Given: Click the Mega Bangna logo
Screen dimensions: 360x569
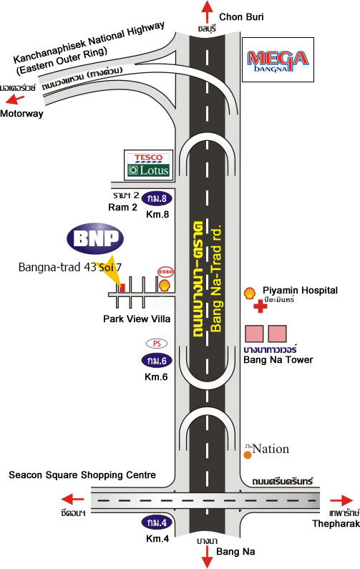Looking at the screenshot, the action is (x=278, y=59).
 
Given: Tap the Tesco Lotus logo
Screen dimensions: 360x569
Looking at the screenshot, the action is (x=149, y=165).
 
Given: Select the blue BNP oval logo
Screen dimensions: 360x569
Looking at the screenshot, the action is (x=95, y=238).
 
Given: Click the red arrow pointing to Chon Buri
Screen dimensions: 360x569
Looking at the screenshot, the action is (x=208, y=12).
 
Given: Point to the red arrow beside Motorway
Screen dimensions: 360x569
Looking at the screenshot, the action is (x=16, y=99).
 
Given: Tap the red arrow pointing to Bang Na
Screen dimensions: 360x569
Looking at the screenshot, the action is (x=208, y=556).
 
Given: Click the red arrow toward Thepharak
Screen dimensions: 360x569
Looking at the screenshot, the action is (x=341, y=501).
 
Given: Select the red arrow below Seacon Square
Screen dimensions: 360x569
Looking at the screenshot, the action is (x=72, y=499).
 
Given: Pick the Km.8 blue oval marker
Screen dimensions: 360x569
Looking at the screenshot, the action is (x=157, y=198).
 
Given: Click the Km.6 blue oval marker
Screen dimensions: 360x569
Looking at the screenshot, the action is (x=157, y=361).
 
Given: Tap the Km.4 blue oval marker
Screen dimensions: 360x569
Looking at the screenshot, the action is (x=157, y=522).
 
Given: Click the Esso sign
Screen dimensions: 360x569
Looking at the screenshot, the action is (x=165, y=271).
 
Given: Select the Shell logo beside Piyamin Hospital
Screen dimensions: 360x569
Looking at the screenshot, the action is (x=249, y=293).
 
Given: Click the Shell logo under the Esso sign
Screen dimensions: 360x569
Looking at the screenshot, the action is (x=165, y=286).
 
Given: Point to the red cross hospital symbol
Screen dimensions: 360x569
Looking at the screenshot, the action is (x=260, y=306).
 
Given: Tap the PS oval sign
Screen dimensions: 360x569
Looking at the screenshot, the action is (x=157, y=344).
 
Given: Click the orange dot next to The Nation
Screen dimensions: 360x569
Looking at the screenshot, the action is (x=248, y=454).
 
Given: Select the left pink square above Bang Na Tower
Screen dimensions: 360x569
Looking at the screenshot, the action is (x=254, y=334).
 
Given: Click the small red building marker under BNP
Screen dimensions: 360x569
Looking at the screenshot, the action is (x=122, y=288).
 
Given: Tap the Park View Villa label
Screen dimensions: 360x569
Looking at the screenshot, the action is (x=137, y=319).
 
